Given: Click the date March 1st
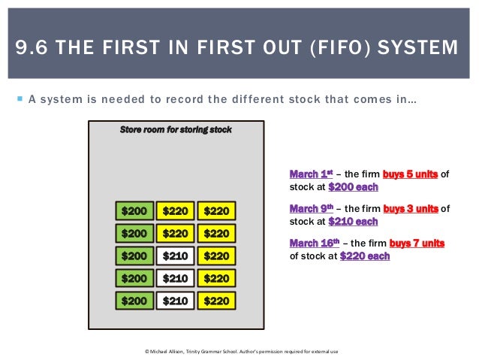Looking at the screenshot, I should coord(311,174).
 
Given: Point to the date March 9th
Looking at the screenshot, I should coord(311,208).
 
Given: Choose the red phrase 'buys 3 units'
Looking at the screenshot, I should coord(411,208).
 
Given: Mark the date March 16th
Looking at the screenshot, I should coord(313,243).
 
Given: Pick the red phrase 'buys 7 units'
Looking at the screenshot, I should coord(417,243).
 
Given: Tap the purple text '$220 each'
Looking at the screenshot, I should coord(365,256).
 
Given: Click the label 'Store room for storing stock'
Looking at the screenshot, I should coord(176,129).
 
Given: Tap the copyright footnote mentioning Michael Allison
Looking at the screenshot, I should coord(241,351).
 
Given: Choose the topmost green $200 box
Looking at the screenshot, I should coord(134,211).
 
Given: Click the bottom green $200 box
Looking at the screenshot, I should coord(134,301).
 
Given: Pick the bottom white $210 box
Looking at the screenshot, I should coord(175,301).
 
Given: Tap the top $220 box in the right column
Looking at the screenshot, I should coord(216,211).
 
